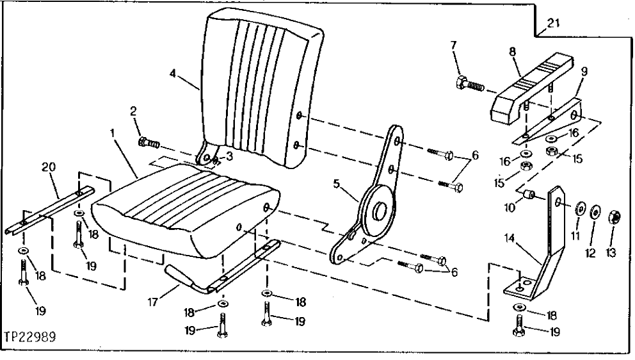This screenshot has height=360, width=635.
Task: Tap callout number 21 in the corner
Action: [552, 24]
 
